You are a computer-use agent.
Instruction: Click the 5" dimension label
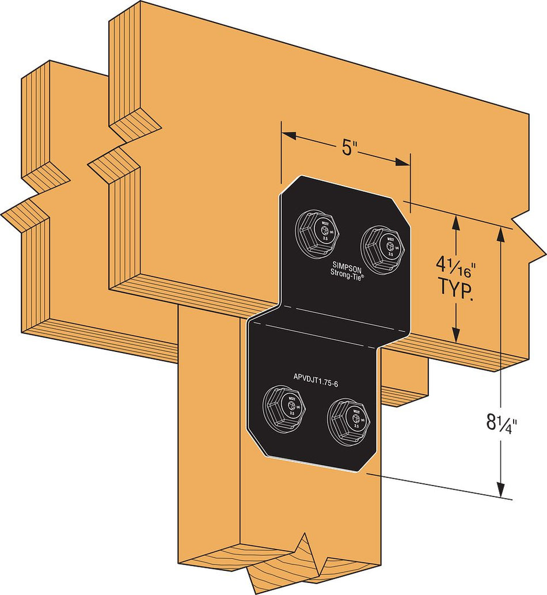(351, 147)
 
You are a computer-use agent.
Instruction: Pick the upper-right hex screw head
(383, 245)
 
